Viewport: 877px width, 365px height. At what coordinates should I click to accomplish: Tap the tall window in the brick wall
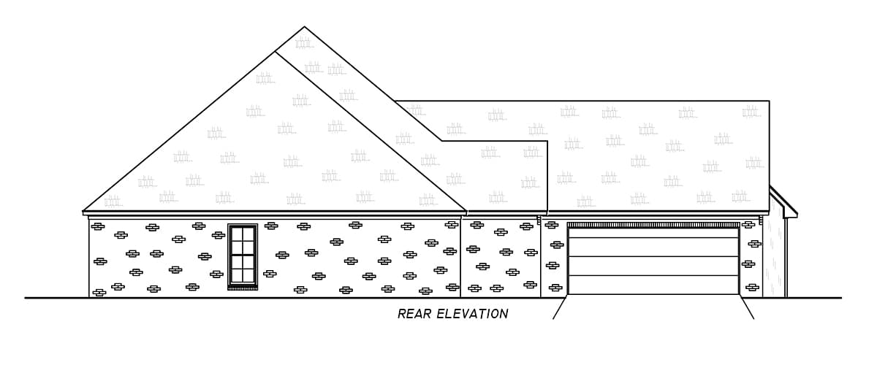tap(243, 255)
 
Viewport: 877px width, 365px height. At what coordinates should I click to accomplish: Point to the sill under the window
tap(243, 288)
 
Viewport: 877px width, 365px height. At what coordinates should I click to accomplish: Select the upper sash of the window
tap(243, 240)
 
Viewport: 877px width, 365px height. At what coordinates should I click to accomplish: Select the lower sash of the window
tap(243, 269)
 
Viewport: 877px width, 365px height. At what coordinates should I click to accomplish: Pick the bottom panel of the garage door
tap(653, 285)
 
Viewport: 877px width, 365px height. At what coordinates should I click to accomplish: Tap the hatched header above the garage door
tap(653, 225)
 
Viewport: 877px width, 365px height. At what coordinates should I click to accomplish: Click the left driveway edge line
tap(559, 308)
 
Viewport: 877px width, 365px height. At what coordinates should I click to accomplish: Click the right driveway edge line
tap(748, 308)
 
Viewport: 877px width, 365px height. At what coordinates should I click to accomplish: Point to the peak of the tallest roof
tap(304, 28)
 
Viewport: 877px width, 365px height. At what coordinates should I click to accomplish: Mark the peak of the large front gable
tap(276, 52)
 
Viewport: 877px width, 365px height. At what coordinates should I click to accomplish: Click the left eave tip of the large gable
tap(84, 211)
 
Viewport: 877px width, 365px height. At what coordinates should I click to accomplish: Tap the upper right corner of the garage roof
tap(768, 101)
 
